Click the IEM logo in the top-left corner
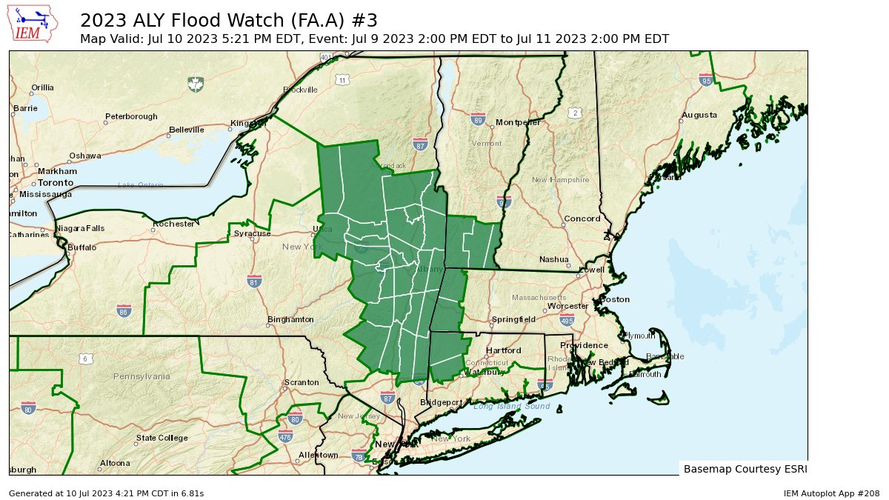click(x=34, y=24)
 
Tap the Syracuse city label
click(x=252, y=234)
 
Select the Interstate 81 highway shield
click(x=253, y=281)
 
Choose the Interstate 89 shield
click(x=478, y=119)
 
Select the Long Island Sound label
click(x=511, y=407)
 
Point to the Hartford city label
click(x=505, y=350)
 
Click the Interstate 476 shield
click(x=286, y=437)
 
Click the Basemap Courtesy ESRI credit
click(x=743, y=469)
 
